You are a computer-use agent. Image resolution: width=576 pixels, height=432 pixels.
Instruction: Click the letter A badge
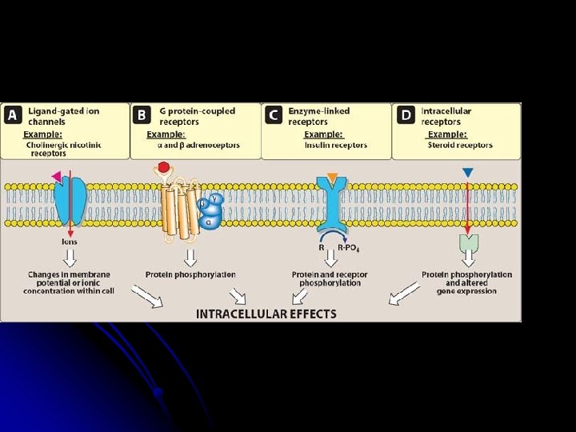click(13, 115)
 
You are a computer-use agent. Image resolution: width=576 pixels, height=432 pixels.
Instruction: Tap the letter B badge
click(142, 115)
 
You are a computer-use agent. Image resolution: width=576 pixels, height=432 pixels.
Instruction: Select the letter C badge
click(273, 115)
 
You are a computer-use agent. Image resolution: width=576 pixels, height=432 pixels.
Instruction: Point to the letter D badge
click(405, 115)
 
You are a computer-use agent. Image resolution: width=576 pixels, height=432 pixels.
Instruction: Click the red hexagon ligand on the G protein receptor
click(164, 168)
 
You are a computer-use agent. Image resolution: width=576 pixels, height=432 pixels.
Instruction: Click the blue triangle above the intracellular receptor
click(468, 172)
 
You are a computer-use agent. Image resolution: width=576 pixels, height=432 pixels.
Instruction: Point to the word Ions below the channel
click(70, 241)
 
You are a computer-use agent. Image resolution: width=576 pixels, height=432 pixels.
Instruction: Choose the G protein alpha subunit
click(210, 222)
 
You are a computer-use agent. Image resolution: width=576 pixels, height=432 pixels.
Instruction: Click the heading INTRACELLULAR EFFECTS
click(266, 314)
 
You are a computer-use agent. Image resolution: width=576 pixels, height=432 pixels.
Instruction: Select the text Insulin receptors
click(336, 146)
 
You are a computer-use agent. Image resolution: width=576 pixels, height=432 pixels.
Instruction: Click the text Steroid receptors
click(462, 146)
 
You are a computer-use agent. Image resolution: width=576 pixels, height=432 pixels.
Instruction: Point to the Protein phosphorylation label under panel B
click(190, 274)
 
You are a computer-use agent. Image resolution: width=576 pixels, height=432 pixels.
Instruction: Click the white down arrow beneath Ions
click(70, 258)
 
